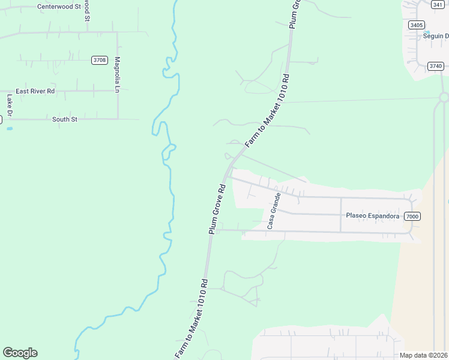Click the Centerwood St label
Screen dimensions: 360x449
(59, 7)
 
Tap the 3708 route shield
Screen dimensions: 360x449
(100, 60)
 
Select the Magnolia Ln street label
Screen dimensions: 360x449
(118, 75)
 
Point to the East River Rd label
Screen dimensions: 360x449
(35, 91)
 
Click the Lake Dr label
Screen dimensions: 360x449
(10, 106)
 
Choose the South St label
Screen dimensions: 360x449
(65, 119)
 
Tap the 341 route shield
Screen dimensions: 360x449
(437, 4)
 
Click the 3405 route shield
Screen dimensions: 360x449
(416, 25)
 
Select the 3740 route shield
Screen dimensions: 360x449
(435, 66)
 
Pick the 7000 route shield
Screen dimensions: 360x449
(411, 216)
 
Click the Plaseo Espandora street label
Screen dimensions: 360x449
(373, 215)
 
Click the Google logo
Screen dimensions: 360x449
(20, 353)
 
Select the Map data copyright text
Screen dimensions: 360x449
(424, 355)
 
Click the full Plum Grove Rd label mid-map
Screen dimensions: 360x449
(217, 209)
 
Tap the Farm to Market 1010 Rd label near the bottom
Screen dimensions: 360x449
(191, 320)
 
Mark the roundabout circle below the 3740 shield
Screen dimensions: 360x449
(444, 97)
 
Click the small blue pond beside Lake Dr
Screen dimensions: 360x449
(9, 128)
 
